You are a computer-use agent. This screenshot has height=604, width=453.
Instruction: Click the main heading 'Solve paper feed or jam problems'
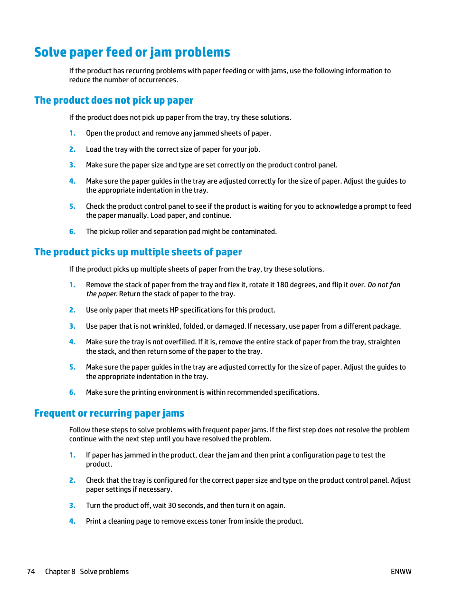(x=132, y=52)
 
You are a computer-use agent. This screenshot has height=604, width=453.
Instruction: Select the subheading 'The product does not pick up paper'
(x=113, y=100)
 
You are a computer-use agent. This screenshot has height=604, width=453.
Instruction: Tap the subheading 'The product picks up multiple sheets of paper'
(x=138, y=252)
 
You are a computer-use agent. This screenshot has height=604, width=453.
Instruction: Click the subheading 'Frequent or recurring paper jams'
(x=109, y=413)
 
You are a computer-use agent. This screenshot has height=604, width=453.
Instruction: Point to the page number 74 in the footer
(x=31, y=572)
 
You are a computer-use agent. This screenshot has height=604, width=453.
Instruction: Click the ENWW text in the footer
(x=401, y=572)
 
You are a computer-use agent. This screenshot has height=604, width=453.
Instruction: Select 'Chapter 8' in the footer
(x=60, y=572)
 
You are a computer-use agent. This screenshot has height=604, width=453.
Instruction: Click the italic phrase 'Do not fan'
(x=384, y=285)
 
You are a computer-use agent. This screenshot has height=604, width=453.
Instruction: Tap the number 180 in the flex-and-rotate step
(x=282, y=285)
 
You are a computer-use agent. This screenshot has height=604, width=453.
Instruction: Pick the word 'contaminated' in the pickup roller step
(x=255, y=232)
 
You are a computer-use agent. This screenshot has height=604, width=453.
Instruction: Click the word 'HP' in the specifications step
(x=174, y=310)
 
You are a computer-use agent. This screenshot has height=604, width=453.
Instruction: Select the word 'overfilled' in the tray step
(x=179, y=342)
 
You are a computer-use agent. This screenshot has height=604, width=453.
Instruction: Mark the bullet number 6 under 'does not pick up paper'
(x=72, y=232)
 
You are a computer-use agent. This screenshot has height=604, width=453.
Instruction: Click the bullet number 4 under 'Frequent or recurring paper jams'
(x=72, y=521)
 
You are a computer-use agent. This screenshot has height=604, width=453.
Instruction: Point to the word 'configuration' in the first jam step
(x=313, y=455)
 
